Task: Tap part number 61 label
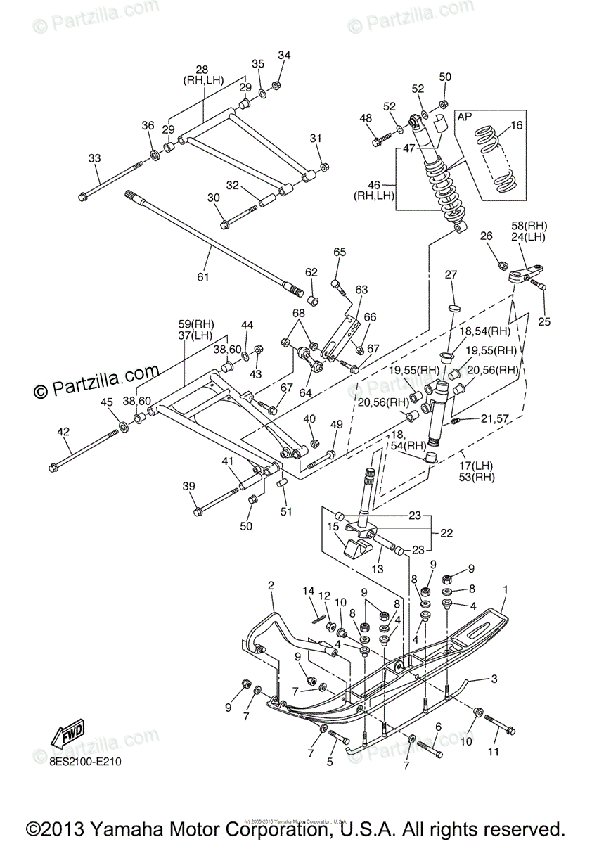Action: (x=203, y=277)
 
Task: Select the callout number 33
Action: (x=95, y=158)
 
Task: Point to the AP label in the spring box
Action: (x=464, y=117)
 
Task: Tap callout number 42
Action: (x=64, y=431)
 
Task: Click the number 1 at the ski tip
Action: (x=505, y=588)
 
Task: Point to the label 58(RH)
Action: (x=529, y=225)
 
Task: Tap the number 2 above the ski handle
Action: (x=270, y=585)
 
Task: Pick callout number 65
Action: (x=340, y=252)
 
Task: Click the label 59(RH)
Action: (x=195, y=325)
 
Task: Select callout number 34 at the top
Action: (x=283, y=56)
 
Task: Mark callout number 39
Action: (x=188, y=487)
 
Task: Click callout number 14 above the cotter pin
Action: (x=308, y=590)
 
